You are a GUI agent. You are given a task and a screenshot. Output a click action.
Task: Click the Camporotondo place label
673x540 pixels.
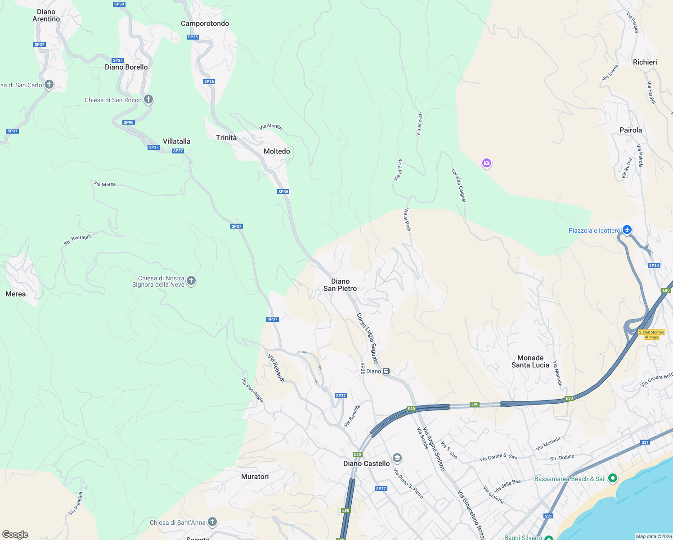click(205, 23)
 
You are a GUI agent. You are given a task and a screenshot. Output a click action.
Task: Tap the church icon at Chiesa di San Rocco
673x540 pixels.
click(148, 99)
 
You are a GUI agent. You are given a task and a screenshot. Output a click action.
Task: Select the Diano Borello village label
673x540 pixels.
click(126, 67)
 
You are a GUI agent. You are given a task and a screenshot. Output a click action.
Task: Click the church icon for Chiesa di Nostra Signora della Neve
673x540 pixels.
click(191, 281)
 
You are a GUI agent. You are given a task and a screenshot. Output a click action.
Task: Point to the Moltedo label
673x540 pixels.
click(277, 151)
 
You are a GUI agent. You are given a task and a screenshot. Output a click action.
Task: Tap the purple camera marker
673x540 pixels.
click(486, 163)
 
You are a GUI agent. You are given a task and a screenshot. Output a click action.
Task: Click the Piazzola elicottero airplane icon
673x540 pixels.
click(627, 230)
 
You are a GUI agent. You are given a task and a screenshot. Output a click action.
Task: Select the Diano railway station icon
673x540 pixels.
click(386, 371)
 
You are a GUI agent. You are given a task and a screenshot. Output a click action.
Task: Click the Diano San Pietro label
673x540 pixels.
click(340, 285)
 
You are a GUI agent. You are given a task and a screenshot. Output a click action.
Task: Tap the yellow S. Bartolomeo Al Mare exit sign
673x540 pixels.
click(651, 334)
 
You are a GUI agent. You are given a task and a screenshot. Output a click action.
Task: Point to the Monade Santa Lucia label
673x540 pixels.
click(530, 361)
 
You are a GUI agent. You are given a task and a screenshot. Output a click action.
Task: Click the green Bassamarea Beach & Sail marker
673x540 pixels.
click(612, 478)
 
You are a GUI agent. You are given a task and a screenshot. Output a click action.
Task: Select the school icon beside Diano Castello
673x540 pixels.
click(397, 458)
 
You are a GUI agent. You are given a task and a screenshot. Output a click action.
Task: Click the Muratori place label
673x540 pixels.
click(255, 477)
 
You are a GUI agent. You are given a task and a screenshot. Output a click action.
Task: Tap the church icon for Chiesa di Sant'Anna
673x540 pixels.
click(212, 522)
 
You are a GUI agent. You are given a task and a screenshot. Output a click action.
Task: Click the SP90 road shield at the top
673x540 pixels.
click(119, 4)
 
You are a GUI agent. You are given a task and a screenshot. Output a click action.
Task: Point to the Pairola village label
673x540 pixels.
click(631, 130)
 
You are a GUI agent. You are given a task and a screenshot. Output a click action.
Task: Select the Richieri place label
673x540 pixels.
click(645, 62)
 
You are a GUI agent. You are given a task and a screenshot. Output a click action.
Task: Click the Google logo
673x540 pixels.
click(15, 535)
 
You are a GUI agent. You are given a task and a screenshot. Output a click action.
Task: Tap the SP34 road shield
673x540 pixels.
click(654, 265)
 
